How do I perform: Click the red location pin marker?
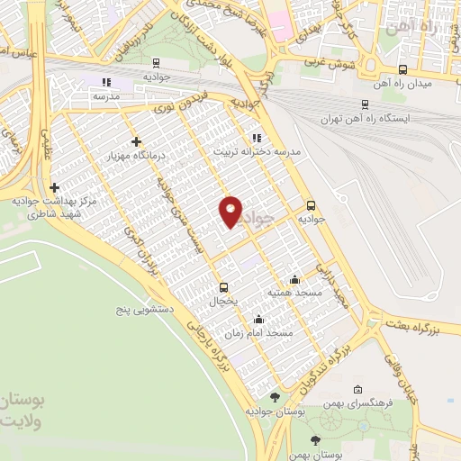tap(231, 210)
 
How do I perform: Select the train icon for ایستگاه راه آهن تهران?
tap(364, 104)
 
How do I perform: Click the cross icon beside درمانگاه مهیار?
tap(136, 141)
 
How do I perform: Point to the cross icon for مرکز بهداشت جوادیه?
tap(55, 187)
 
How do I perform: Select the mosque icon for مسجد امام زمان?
tap(259, 319)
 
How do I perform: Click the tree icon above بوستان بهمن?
tap(314, 440)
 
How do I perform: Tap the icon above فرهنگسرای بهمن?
tap(358, 390)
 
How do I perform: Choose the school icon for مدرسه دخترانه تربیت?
tap(257, 138)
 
